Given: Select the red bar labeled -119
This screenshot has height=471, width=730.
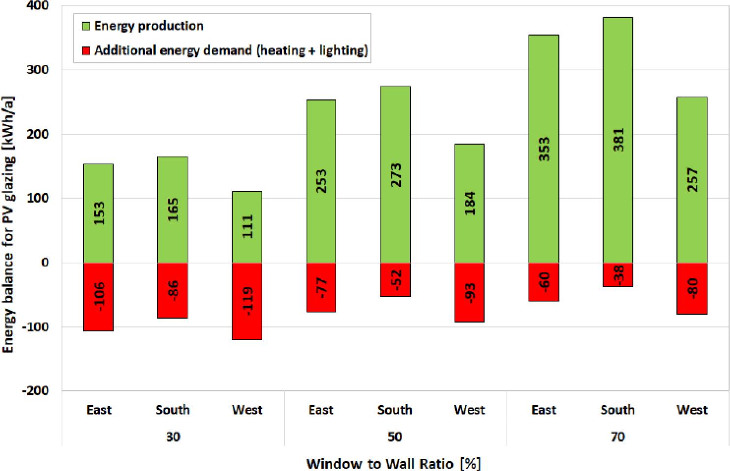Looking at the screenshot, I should coord(247,301).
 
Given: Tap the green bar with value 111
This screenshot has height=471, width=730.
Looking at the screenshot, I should coord(247,226).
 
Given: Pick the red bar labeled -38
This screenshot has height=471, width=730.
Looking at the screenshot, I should coord(617,274).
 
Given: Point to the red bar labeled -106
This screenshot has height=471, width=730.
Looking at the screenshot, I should coord(98,296).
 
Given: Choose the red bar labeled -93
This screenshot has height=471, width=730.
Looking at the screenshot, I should coord(469,292).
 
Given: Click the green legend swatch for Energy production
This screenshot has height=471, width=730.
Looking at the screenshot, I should coord(86,26).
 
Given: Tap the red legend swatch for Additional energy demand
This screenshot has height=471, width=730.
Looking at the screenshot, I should coord(86,50).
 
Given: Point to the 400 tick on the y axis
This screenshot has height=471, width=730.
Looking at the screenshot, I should coord(38,6).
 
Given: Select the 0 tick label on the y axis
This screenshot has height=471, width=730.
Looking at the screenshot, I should coord(45,263).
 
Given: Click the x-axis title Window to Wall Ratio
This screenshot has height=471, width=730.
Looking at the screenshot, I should coord(393,463).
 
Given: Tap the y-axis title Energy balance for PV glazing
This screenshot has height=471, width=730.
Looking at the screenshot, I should coord(8,224).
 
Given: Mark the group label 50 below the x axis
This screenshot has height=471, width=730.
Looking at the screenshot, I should coord(395,437).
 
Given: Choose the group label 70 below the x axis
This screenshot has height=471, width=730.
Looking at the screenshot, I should coord(617,437).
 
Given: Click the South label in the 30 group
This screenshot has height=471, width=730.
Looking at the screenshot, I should coord(173,410).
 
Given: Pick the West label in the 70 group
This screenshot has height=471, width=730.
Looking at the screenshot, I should coord(692,410).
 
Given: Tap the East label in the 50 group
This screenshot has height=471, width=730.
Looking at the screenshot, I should coord(321,410).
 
